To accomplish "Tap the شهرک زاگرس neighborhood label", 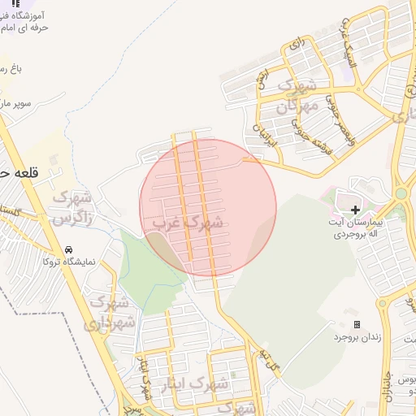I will coord(73,207).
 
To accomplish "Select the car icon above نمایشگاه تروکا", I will coord(68,249).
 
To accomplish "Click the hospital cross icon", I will coord(355,210).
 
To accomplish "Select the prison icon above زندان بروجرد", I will coord(356,324).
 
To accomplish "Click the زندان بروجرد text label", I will coord(356,336).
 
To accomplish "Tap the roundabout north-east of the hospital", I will coord(401,193).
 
